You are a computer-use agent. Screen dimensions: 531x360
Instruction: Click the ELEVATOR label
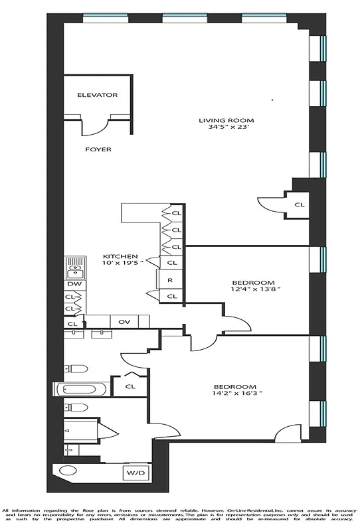(97, 95)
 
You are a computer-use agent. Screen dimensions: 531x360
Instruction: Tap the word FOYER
(98, 149)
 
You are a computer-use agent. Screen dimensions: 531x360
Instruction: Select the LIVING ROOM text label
(226, 120)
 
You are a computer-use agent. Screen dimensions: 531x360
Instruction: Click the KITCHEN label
(120, 256)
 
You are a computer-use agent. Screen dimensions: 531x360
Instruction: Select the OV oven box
(124, 322)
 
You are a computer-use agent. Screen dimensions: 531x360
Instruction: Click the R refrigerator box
(170, 280)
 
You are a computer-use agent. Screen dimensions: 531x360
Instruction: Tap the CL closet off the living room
(300, 204)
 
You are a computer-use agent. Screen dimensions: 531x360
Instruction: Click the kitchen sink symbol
(74, 268)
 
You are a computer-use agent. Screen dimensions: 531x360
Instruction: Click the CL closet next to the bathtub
(130, 386)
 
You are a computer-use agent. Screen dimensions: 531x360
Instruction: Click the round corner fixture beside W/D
(67, 473)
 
